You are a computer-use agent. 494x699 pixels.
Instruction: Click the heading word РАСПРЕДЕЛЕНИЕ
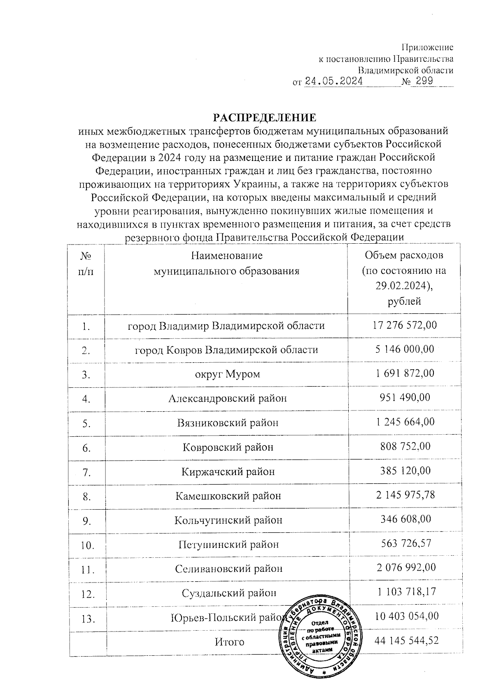(264, 118)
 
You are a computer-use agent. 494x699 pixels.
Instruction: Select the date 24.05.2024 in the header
(334, 81)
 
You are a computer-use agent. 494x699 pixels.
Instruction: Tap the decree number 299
(424, 81)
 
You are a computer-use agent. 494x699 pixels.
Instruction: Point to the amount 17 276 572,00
(405, 325)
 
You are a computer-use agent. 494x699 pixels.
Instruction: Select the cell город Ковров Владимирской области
(226, 350)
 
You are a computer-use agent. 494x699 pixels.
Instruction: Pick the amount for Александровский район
(405, 398)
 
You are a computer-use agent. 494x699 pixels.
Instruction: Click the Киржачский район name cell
(228, 471)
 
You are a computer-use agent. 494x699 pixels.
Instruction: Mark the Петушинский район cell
(228, 544)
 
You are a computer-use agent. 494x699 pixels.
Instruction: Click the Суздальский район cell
(229, 593)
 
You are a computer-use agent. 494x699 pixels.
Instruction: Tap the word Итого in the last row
(229, 642)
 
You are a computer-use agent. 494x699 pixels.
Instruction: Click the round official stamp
(322, 638)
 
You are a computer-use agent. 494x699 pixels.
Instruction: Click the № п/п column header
(86, 264)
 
